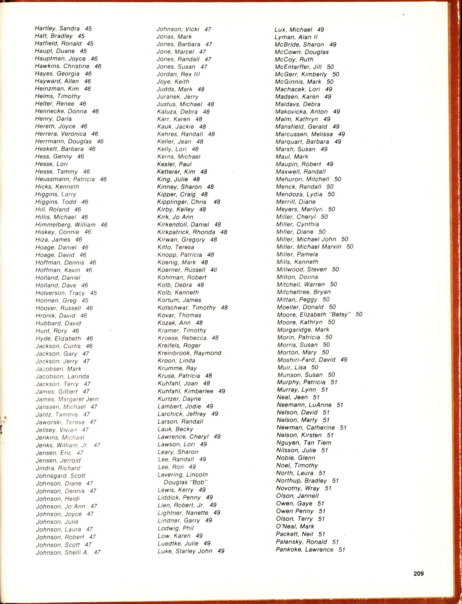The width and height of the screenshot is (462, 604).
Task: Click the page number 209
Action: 419,574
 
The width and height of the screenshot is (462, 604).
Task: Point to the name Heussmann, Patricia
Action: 65,179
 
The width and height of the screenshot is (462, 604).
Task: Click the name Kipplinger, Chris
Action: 181,202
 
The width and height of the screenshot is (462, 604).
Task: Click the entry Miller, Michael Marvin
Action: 309,247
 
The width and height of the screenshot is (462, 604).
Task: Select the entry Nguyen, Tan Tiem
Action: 304,443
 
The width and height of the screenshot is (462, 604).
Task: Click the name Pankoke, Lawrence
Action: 304,549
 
